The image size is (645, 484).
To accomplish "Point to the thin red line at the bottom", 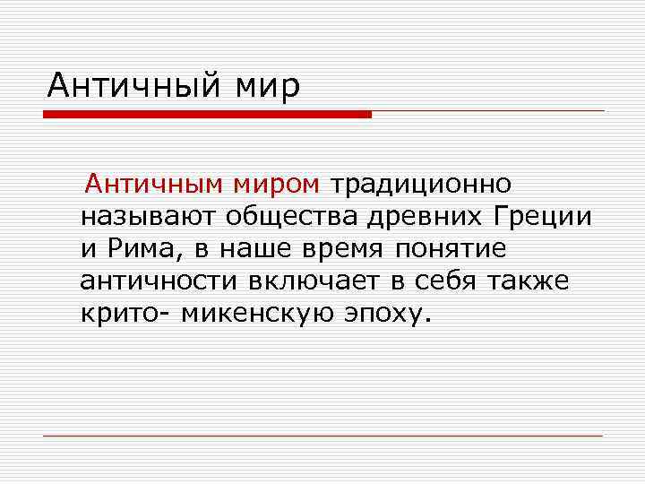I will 322,436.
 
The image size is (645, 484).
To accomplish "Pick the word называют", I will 148,217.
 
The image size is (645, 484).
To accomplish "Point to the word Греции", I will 542,217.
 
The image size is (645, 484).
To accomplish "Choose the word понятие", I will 457,249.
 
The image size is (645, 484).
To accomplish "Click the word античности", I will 159,281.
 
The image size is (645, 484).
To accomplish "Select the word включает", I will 314,281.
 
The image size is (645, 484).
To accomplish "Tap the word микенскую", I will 255,314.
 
